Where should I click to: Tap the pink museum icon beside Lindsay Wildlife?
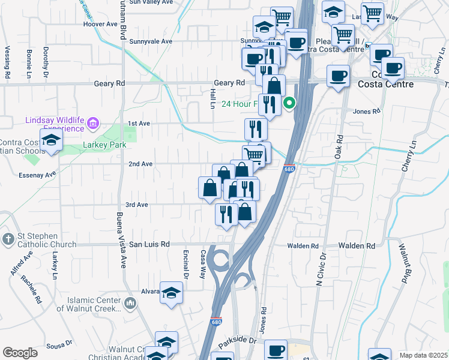(x=92, y=124)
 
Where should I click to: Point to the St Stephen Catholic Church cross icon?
(x=8, y=239)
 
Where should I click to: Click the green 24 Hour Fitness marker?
(x=289, y=103)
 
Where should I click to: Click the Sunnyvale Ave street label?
(x=151, y=41)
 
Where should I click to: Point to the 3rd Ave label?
(x=136, y=205)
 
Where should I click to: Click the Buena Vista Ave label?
(x=121, y=240)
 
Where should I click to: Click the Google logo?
(x=20, y=353)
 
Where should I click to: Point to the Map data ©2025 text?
(x=423, y=355)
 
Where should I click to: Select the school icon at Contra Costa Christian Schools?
(x=52, y=140)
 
